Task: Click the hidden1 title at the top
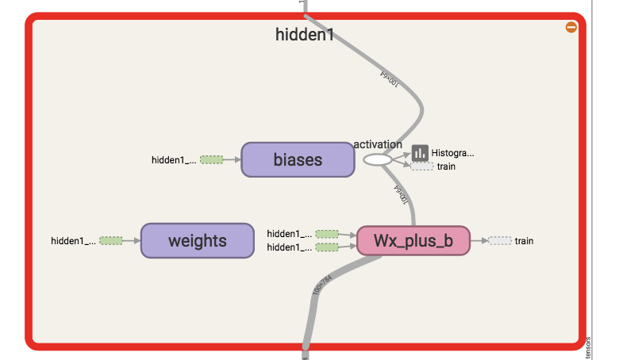point(305,34)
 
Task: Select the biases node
point(298,159)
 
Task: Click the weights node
point(197,240)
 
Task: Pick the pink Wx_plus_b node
point(413,240)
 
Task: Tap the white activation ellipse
point(378,159)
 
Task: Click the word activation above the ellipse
point(378,144)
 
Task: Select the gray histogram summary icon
point(420,152)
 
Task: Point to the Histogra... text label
point(452,152)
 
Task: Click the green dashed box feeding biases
point(211,159)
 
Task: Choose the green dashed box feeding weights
point(111,240)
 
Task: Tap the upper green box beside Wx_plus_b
point(327,234)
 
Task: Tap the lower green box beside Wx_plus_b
point(327,247)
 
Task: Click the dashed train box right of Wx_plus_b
point(500,240)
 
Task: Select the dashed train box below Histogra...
point(422,167)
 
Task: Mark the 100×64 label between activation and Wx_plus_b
point(402,194)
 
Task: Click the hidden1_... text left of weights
point(73,240)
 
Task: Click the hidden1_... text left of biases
point(173,159)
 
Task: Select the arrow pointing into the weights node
point(133,240)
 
